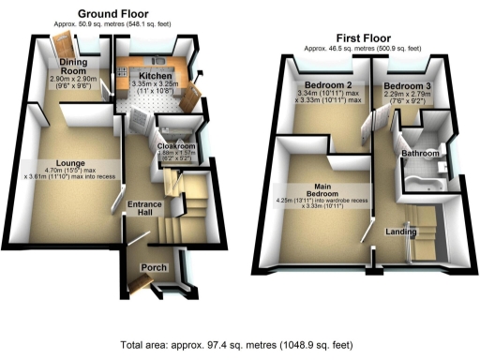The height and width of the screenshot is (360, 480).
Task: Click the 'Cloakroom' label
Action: [x=175, y=147]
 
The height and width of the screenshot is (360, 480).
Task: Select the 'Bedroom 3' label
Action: [x=407, y=85]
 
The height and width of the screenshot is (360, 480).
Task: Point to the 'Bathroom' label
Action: [x=420, y=152]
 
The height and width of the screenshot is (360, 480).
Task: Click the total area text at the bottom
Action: [x=240, y=344]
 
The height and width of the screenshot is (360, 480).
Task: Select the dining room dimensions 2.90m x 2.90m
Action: [x=74, y=81]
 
